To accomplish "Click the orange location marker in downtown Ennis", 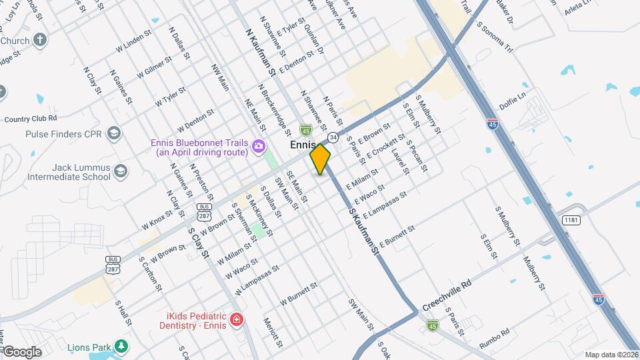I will pyautogui.click(x=320, y=159).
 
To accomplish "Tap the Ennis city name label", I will pyautogui.click(x=302, y=145).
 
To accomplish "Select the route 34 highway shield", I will pyautogui.click(x=332, y=137).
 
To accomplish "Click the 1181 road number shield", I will pyautogui.click(x=571, y=220).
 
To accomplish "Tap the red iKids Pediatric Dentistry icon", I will pyautogui.click(x=236, y=321).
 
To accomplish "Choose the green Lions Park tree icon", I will pyautogui.click(x=121, y=345).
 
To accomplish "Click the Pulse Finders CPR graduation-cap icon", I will pyautogui.click(x=113, y=133).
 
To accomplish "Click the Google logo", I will pyautogui.click(x=22, y=351).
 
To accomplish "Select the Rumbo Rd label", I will pyautogui.click(x=495, y=339).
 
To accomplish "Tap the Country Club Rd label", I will pyautogui.click(x=30, y=119).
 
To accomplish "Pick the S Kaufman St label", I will pyautogui.click(x=363, y=231).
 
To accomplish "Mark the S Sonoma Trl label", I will pyautogui.click(x=494, y=39).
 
